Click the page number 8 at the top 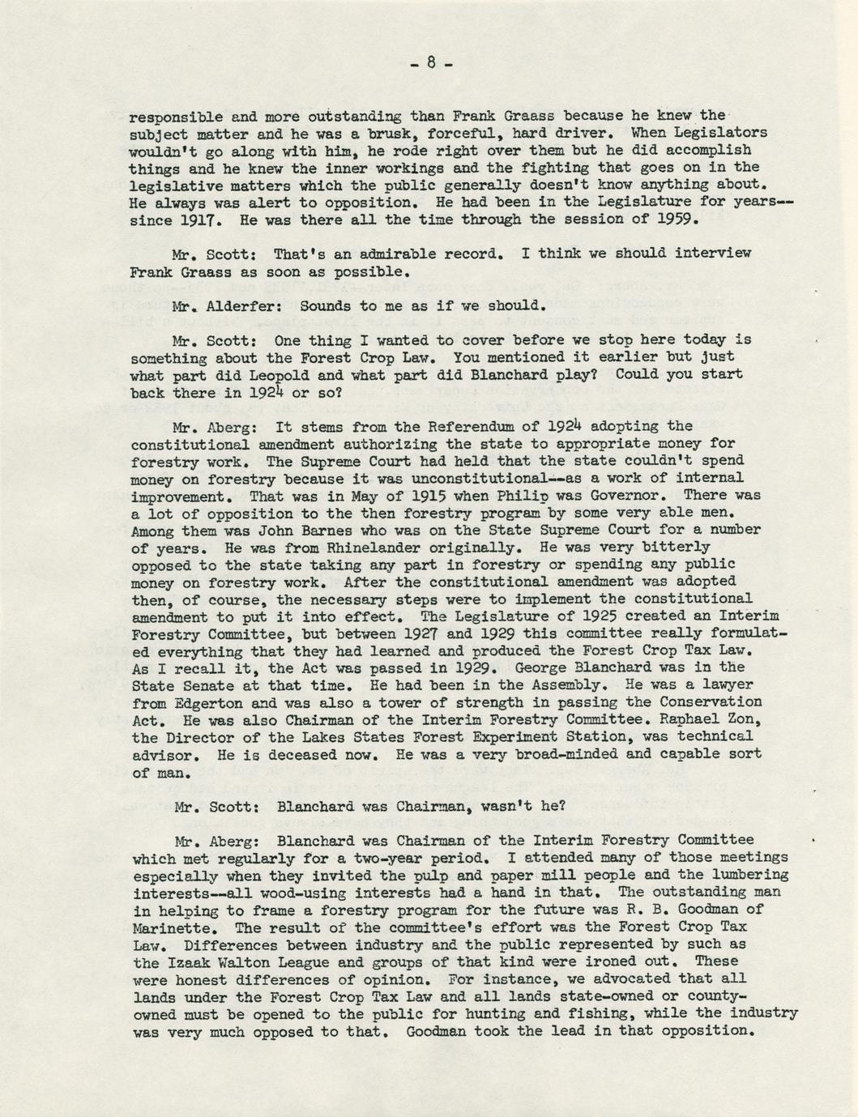(x=430, y=62)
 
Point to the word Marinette (x=169, y=927)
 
